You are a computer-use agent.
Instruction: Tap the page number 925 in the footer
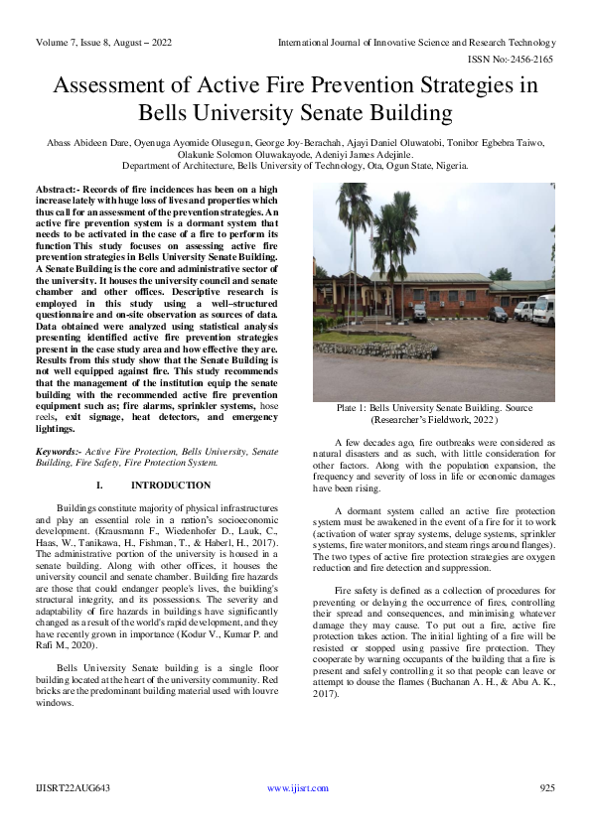point(546,788)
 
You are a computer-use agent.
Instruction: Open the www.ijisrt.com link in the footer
point(297,788)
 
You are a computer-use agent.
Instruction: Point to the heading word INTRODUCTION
point(171,485)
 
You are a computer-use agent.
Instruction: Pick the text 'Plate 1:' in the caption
point(355,409)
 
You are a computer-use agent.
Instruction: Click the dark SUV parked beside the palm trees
point(418,312)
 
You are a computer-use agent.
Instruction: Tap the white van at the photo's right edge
point(543,310)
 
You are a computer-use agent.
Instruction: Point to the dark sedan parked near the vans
point(497,314)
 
